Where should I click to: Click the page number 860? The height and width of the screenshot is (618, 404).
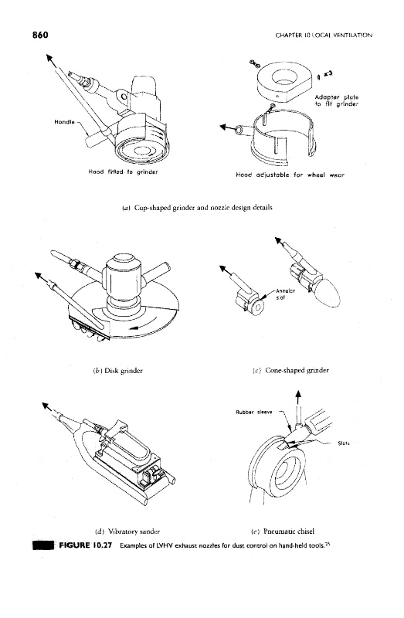tap(40, 35)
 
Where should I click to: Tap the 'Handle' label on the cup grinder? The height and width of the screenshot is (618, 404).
tap(64, 122)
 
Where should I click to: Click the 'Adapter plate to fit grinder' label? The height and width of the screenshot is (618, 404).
tap(336, 100)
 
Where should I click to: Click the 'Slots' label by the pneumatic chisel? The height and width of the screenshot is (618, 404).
tap(344, 443)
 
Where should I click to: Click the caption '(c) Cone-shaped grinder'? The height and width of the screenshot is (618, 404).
tap(290, 370)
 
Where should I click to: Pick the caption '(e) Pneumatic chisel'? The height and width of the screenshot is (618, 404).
tap(283, 531)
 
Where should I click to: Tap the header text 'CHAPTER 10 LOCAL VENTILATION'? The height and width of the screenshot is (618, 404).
tap(324, 35)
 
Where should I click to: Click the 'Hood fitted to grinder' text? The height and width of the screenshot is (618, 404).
tap(123, 171)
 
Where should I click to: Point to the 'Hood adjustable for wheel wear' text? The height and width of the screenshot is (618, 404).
tap(290, 175)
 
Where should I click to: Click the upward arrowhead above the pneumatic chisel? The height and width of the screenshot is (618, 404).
tap(298, 394)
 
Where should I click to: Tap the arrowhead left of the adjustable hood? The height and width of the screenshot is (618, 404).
tap(223, 127)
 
